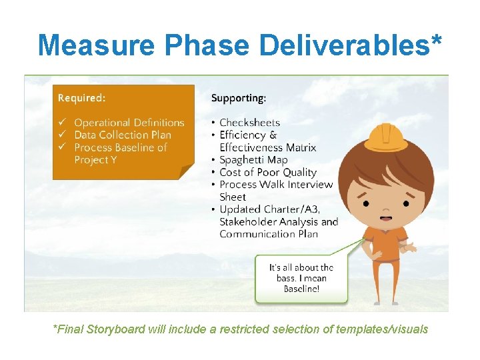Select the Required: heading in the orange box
pos(81,98)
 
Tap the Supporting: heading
pos(239,98)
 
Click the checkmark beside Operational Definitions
pos(61,123)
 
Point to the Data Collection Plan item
pos(122,135)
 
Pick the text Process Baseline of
pos(120,147)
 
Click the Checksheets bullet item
pos(249,122)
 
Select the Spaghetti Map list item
pos(253,160)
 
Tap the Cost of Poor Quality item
pos(267,172)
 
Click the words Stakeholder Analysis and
pos(279,221)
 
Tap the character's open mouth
pos(385,217)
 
